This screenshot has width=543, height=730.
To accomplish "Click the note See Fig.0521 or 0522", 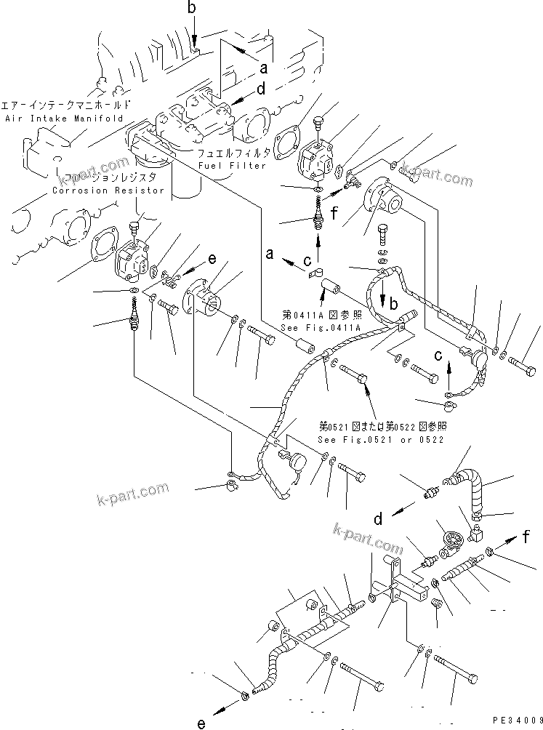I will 382,439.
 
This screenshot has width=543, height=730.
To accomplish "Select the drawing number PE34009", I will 517,720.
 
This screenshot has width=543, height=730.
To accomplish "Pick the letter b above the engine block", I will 192,8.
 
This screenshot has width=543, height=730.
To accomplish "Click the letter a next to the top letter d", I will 263,69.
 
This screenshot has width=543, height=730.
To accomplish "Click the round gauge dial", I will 451,540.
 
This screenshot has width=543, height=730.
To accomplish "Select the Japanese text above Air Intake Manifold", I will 67,105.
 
